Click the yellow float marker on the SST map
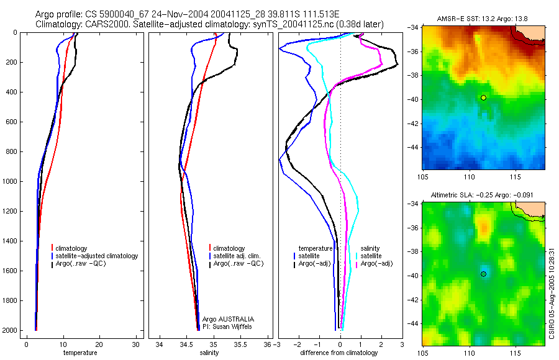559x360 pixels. (483, 97)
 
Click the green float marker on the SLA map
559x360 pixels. (483, 274)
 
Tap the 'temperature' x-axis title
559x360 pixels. (80, 353)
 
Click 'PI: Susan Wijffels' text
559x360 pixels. (228, 326)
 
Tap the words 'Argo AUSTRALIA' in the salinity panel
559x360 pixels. (228, 318)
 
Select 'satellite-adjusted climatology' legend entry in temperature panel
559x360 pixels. (96, 256)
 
